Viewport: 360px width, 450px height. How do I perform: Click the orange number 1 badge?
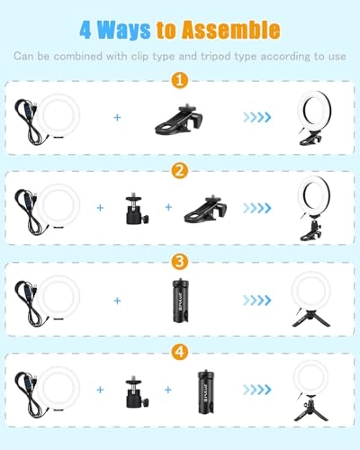tap(180, 80)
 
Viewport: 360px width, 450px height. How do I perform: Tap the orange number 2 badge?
tap(180, 171)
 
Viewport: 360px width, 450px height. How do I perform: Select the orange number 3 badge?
tap(180, 262)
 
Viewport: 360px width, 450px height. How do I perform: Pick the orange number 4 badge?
tap(180, 352)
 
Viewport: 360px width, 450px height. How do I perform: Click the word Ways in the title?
tap(123, 30)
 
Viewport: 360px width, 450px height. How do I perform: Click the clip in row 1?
tap(179, 120)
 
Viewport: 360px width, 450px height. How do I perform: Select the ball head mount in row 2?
tap(138, 210)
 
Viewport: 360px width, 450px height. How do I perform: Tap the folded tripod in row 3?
tap(182, 301)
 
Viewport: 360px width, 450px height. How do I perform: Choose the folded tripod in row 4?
tap(206, 391)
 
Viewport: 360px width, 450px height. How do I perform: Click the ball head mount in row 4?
tap(138, 392)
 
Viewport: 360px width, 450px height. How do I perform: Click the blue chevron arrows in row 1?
tap(257, 117)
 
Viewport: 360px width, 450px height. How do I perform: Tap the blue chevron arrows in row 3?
tap(257, 300)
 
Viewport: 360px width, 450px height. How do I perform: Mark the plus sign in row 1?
tap(117, 117)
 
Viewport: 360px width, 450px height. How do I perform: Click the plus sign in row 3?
tap(117, 301)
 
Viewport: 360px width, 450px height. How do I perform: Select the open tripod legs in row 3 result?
tap(311, 319)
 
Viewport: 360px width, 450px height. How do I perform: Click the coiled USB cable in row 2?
tap(29, 211)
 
